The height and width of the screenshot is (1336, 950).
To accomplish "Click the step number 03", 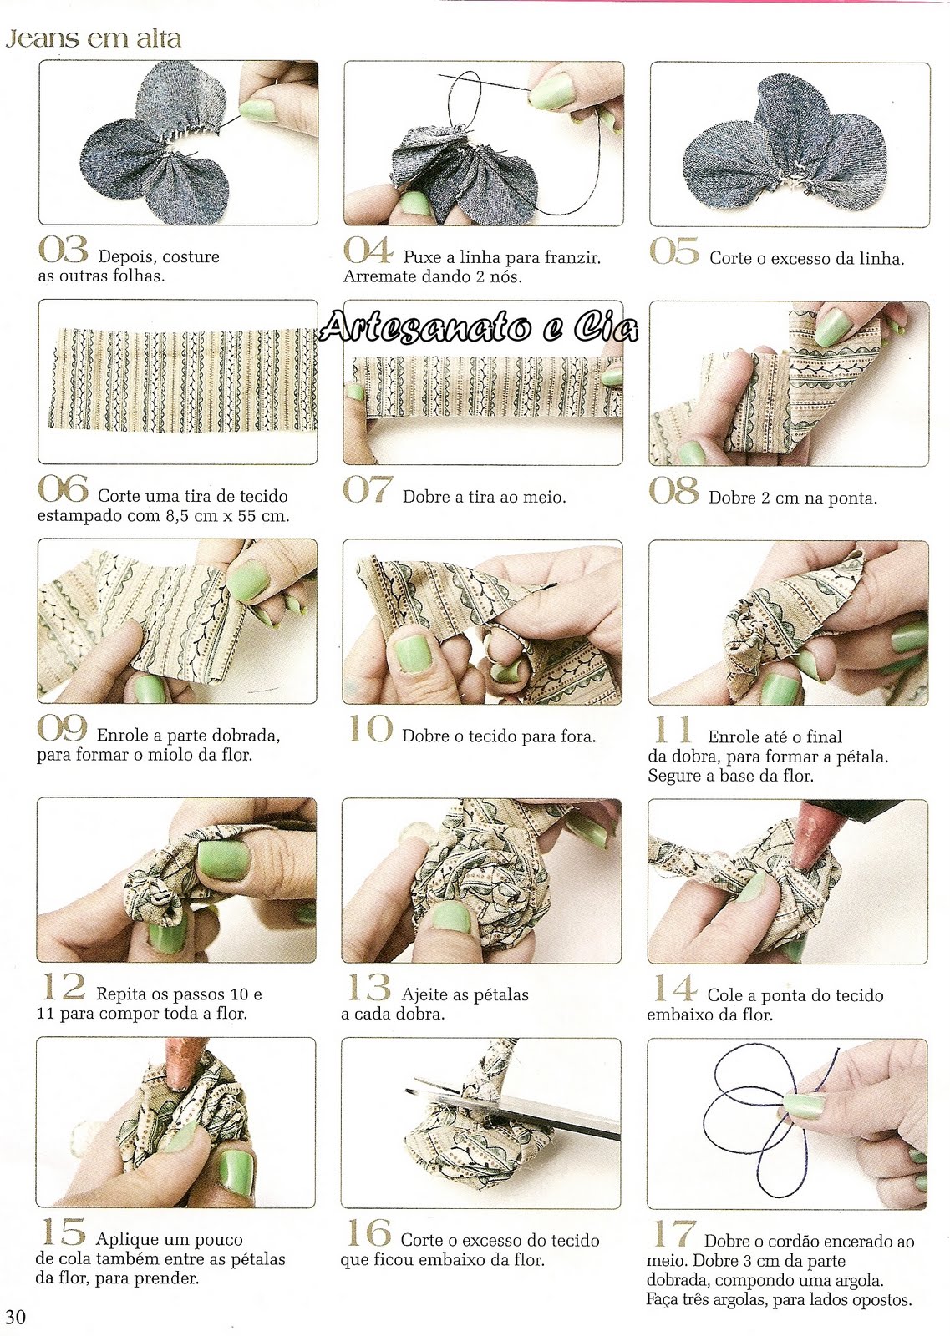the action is point(63,250).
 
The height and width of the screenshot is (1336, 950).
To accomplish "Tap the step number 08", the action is point(673,490).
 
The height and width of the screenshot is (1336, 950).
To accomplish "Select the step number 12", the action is point(64,987).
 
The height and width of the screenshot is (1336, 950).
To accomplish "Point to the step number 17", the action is point(673,1234).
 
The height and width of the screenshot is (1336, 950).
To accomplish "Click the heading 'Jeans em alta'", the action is point(93,38).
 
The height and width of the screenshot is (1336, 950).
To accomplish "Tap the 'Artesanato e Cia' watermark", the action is point(479,326).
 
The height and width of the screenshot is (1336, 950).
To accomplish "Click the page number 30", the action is point(16,1316).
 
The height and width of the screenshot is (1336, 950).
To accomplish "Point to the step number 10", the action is point(369,729).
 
